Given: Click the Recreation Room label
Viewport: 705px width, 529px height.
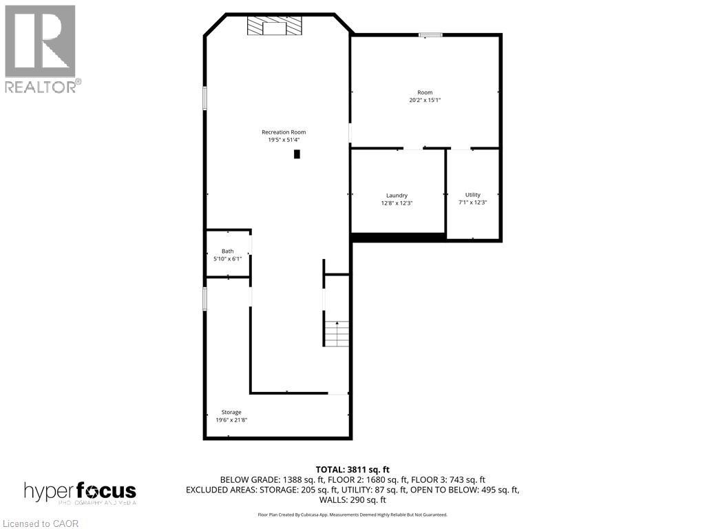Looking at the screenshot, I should click(x=283, y=132).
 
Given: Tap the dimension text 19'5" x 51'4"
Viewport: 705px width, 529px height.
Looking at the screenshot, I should click(x=283, y=140).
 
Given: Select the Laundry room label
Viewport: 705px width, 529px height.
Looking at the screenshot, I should click(x=397, y=196).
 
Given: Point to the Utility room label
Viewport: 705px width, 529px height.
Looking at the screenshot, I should click(x=472, y=195).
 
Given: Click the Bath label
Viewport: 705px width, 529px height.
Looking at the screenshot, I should click(x=227, y=251).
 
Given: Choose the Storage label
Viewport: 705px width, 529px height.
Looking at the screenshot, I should click(x=231, y=412).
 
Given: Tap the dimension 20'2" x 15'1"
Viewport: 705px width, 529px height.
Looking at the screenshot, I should click(x=425, y=100).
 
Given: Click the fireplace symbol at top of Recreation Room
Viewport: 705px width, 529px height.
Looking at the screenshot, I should click(x=275, y=27).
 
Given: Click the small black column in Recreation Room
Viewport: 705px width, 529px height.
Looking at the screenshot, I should click(x=297, y=154).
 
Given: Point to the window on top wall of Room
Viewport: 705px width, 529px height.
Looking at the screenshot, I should click(x=431, y=34).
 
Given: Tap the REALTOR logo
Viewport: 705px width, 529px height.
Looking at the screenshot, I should click(x=41, y=49).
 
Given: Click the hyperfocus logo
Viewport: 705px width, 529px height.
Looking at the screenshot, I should click(x=80, y=492).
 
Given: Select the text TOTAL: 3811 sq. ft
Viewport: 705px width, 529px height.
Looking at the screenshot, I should click(x=352, y=470).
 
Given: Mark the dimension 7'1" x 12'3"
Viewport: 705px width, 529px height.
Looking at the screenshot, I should click(x=472, y=203).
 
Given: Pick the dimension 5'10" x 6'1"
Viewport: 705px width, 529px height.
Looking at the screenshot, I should click(x=227, y=259).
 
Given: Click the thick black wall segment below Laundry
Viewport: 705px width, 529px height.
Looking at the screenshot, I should click(x=398, y=237).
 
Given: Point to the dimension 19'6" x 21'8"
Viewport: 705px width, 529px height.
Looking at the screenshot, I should click(x=231, y=419).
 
